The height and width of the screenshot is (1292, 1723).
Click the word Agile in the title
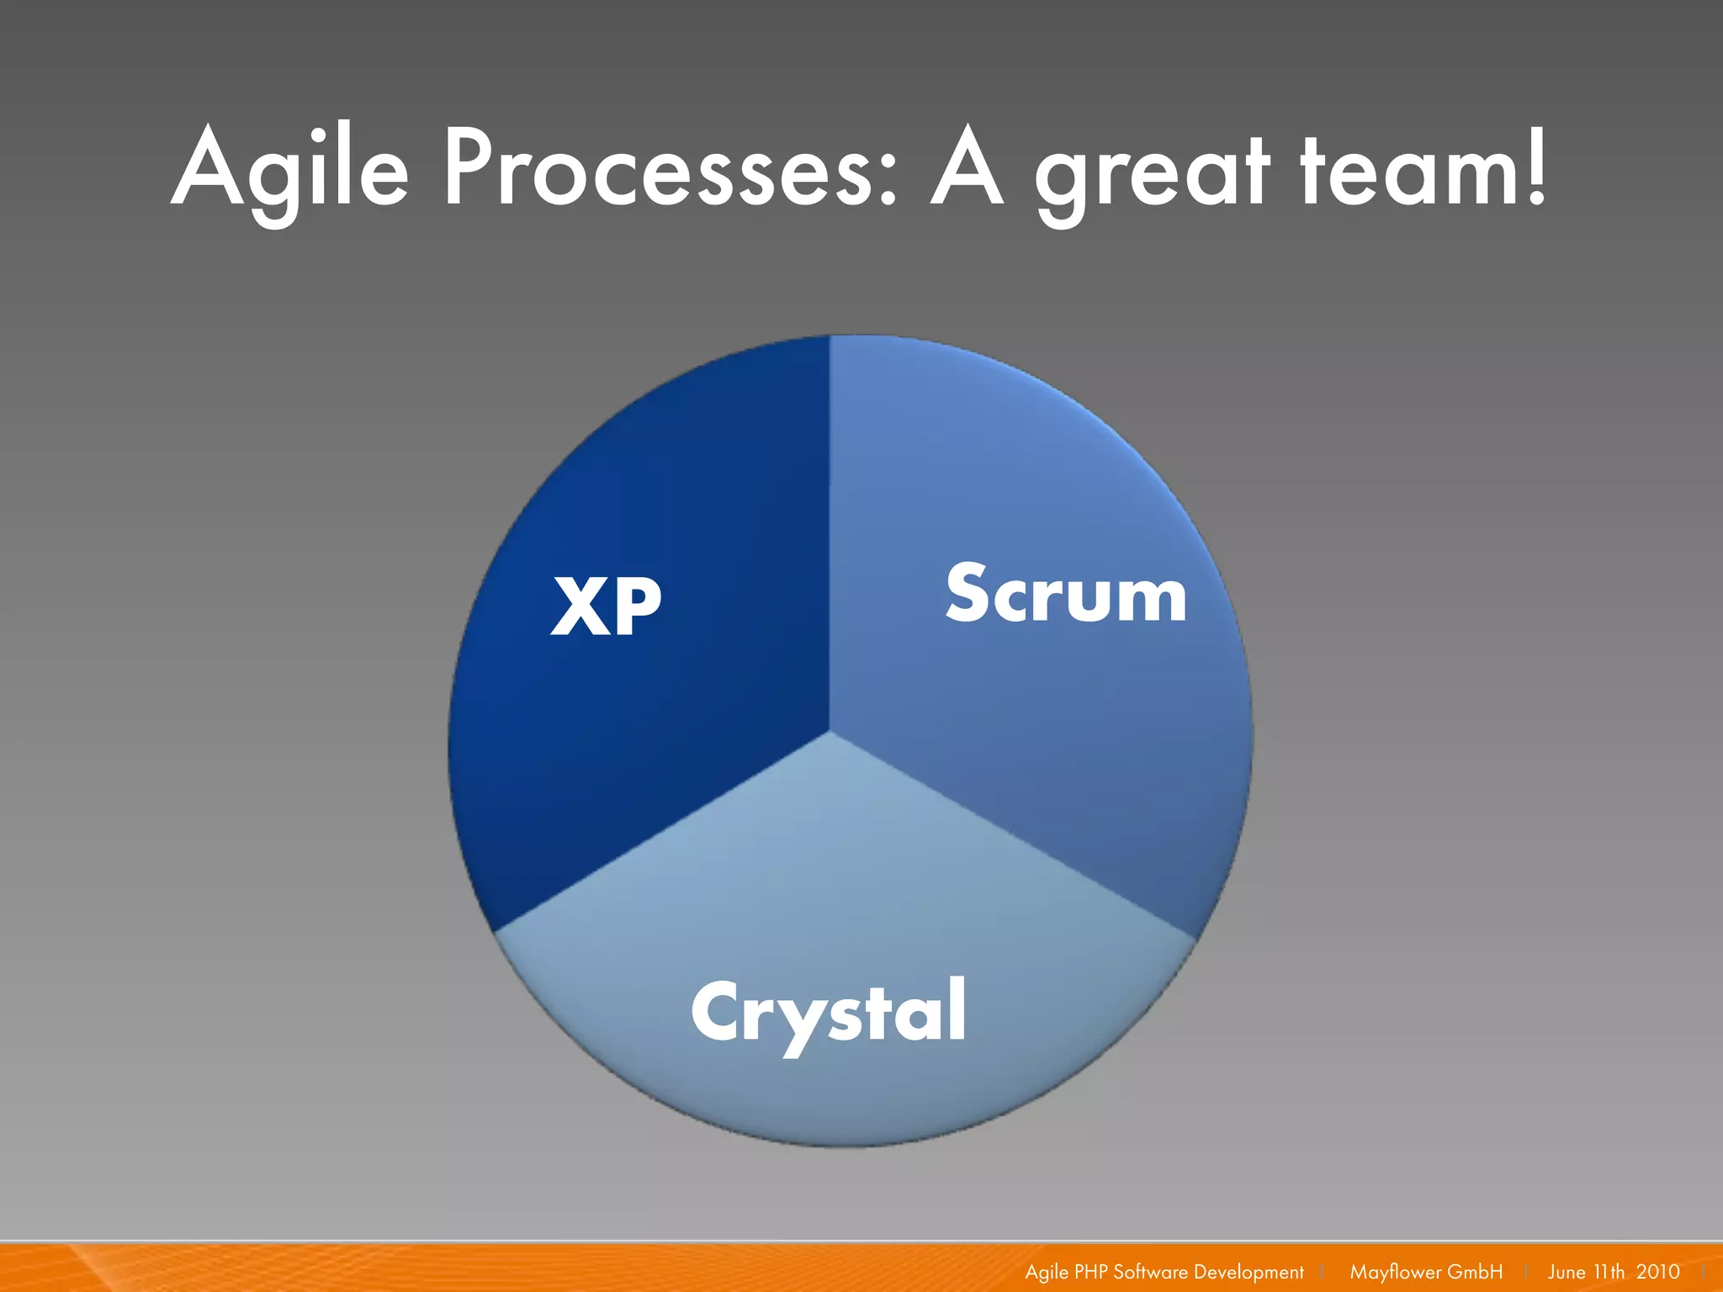(290, 168)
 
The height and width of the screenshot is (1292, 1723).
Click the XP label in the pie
(606, 606)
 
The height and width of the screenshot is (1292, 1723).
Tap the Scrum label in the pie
(1066, 594)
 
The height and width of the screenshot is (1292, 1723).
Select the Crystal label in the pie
(829, 1012)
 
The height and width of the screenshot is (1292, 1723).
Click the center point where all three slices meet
(830, 732)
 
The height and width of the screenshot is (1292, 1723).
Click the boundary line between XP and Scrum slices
(830, 530)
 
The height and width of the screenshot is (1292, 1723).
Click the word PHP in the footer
(1091, 1272)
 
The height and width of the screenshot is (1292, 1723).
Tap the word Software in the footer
(1150, 1272)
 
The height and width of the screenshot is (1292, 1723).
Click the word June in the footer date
(1566, 1272)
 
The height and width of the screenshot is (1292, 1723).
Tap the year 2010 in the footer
(1657, 1272)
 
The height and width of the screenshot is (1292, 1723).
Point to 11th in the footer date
(1609, 1272)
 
